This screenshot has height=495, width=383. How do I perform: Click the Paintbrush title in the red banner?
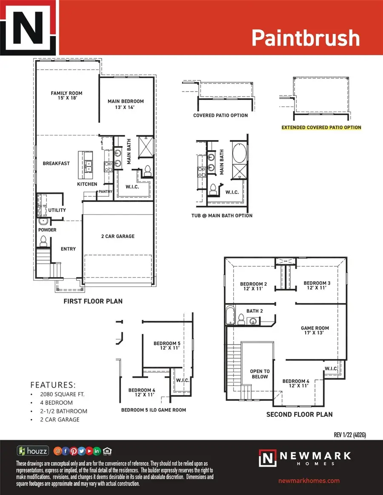pyautogui.click(x=305, y=38)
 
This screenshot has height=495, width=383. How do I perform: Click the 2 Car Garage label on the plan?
pyautogui.click(x=117, y=236)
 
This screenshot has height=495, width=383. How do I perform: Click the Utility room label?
pyautogui.click(x=57, y=210)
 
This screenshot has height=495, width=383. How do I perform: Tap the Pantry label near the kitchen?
pyautogui.click(x=105, y=192)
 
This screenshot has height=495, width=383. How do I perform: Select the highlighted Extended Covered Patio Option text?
pyautogui.click(x=321, y=127)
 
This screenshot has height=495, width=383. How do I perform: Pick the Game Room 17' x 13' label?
pyautogui.click(x=315, y=331)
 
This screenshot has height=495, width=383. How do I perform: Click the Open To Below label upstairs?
pyautogui.click(x=260, y=374)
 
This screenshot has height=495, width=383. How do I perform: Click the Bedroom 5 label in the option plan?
pyautogui.click(x=167, y=345)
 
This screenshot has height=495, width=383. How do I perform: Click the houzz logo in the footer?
pyautogui.click(x=33, y=450)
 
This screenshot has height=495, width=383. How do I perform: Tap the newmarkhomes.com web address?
pyautogui.click(x=309, y=481)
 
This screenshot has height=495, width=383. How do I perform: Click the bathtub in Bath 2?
pyautogui.click(x=230, y=315)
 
